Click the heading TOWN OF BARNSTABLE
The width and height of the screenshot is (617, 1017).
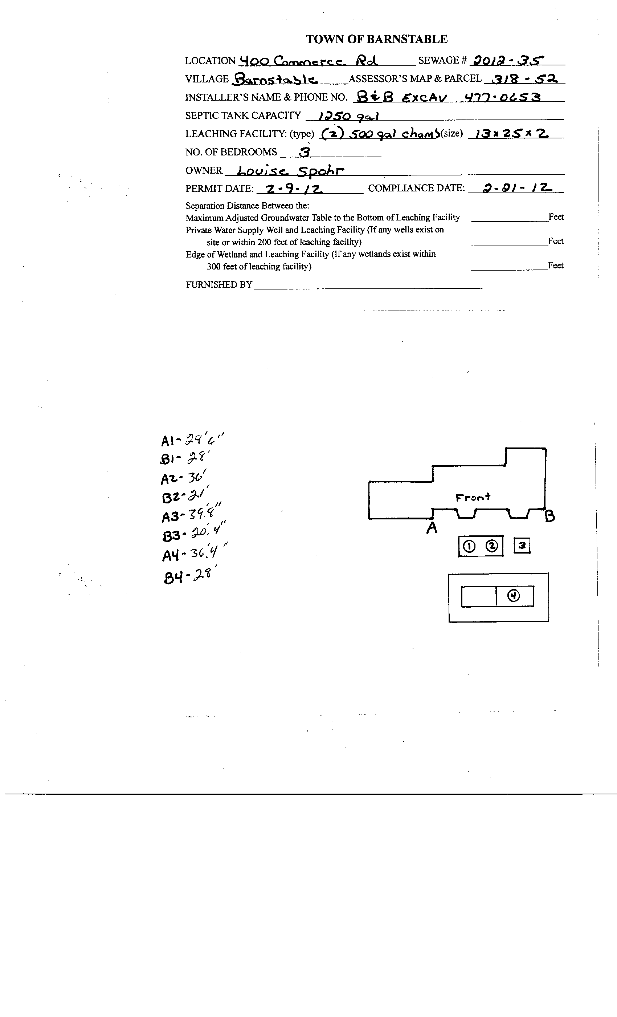coord(376,39)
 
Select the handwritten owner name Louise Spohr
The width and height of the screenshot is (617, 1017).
coord(291,170)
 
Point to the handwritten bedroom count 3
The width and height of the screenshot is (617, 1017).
coord(305,152)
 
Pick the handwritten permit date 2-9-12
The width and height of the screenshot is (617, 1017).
coord(294,189)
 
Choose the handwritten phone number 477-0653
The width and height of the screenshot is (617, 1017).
coord(502,97)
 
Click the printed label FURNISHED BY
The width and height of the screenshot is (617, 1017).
coord(218,285)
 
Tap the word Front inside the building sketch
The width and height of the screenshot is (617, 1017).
coord(473,497)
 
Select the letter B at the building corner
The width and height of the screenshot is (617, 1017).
coord(550,516)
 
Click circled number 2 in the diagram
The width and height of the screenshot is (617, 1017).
coord(492,546)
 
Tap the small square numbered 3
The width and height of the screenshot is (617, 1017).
coord(522,546)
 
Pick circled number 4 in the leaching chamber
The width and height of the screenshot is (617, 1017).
coord(514,596)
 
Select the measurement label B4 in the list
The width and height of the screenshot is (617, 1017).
coord(172,577)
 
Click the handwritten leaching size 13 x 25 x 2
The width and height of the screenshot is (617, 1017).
coord(511,134)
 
